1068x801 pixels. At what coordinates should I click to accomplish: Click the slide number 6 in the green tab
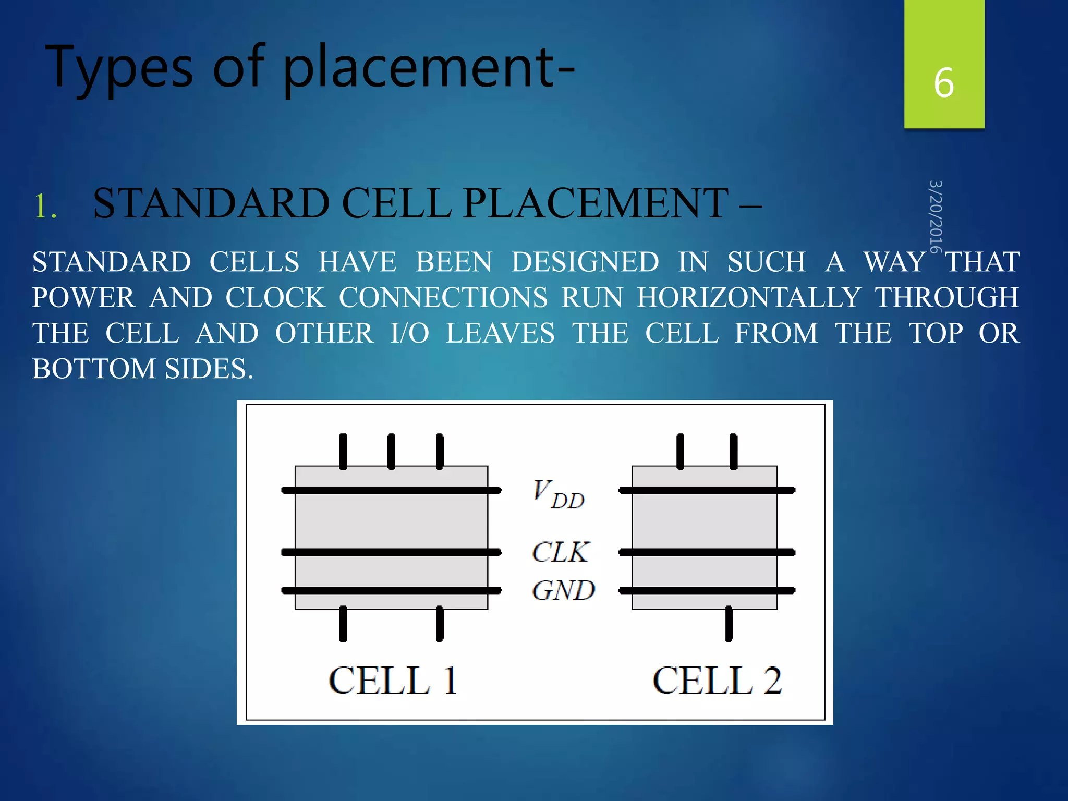[943, 83]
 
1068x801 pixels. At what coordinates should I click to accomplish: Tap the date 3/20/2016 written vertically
[936, 216]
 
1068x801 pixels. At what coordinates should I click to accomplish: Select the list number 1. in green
[45, 205]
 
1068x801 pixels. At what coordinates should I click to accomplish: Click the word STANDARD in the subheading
[211, 203]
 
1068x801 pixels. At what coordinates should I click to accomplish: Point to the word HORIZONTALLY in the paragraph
[749, 298]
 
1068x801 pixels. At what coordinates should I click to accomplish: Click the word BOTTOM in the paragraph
[94, 369]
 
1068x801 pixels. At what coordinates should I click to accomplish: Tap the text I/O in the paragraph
[409, 333]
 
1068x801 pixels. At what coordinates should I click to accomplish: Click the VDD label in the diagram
[558, 494]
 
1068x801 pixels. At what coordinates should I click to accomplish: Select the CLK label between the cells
[560, 552]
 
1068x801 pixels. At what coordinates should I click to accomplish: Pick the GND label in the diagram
[563, 591]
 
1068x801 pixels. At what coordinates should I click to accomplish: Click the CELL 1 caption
[393, 681]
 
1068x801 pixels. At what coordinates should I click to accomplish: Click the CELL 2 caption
[717, 681]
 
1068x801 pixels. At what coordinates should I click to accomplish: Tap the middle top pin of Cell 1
[391, 451]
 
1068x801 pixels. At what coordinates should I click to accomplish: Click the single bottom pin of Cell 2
[729, 624]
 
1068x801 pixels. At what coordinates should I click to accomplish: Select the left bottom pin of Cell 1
[343, 624]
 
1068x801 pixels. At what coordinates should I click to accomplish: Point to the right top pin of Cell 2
[734, 451]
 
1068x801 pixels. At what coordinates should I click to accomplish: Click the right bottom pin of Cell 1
[440, 624]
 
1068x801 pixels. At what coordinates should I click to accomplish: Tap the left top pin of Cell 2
[680, 451]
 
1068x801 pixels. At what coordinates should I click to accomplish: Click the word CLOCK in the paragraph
[275, 298]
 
